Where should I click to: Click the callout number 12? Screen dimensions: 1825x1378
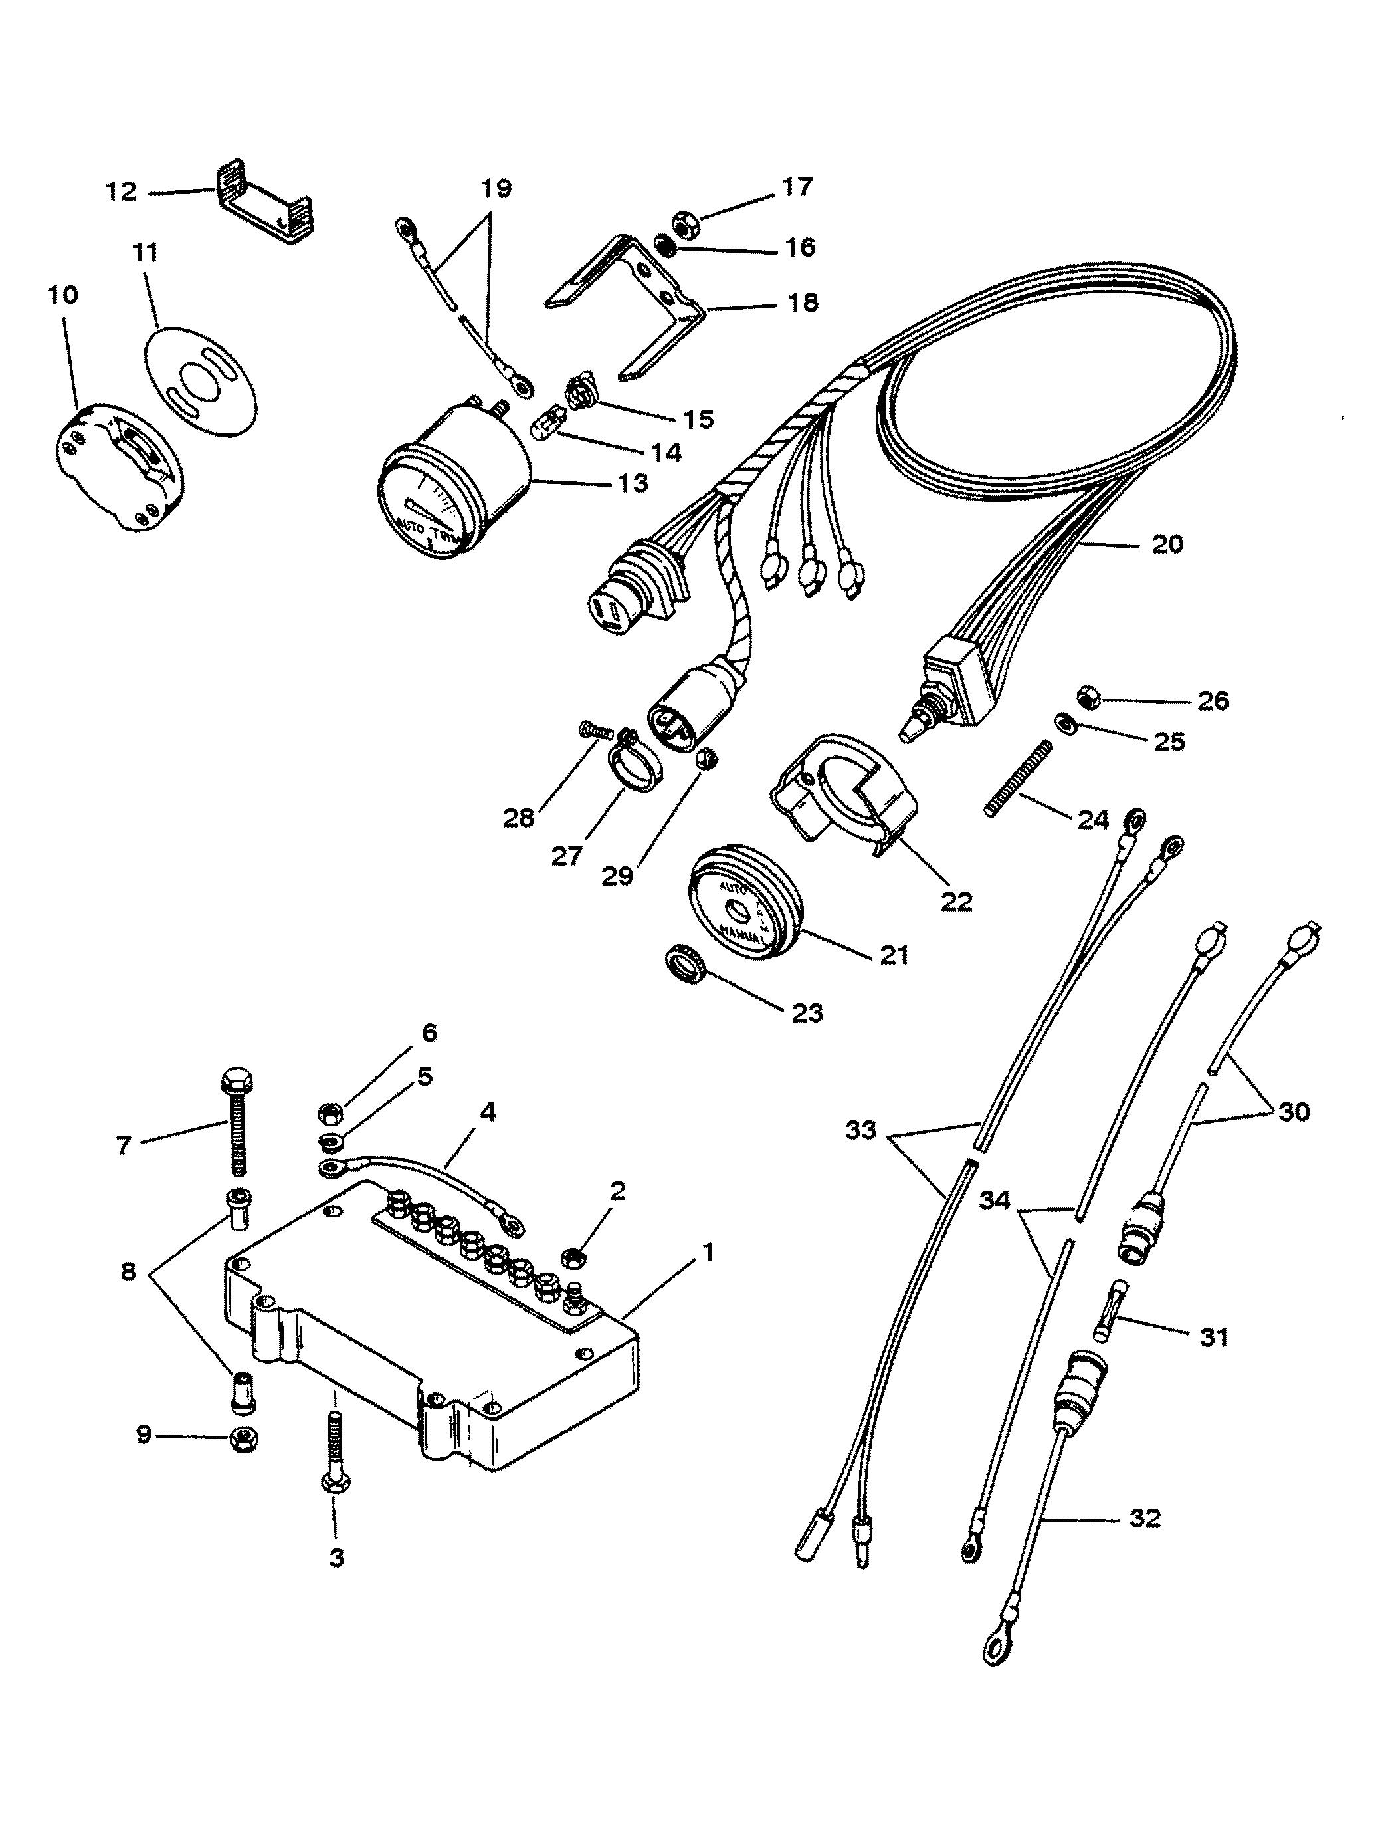pos(120,191)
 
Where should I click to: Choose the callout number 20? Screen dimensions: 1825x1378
pos(1166,544)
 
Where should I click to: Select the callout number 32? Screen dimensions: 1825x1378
pos(1145,1518)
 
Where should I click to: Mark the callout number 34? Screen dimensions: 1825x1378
pos(995,1201)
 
